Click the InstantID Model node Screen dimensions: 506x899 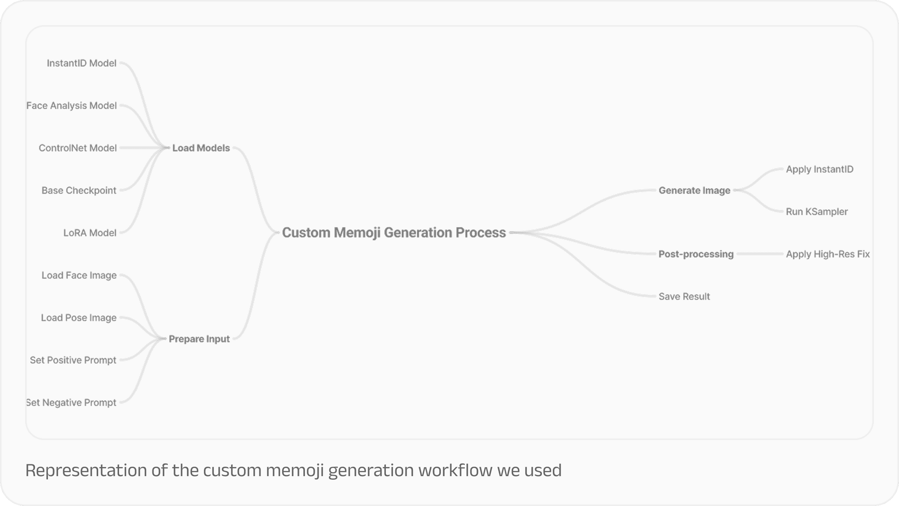pos(81,63)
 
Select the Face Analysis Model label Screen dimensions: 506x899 pos(72,106)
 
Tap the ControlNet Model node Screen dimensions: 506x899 pos(77,148)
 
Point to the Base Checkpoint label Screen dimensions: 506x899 pos(79,191)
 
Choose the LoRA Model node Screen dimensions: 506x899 pos(90,233)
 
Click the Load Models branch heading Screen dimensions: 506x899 pos(201,148)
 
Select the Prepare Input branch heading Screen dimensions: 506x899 pos(199,339)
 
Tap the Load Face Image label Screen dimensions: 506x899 pos(79,275)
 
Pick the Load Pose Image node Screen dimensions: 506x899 pos(79,318)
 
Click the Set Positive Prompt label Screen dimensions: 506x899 pos(73,360)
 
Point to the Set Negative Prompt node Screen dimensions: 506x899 pos(72,403)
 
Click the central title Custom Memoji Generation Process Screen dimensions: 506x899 pos(394,233)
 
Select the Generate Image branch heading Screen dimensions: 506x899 pos(694,191)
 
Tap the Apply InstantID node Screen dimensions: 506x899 pos(819,169)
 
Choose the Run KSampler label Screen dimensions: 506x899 pos(816,212)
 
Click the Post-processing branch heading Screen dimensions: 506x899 pos(696,254)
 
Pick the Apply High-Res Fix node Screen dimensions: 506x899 pos(827,254)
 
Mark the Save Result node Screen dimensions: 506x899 pos(684,297)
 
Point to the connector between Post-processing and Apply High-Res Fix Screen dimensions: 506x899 pos(760,254)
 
